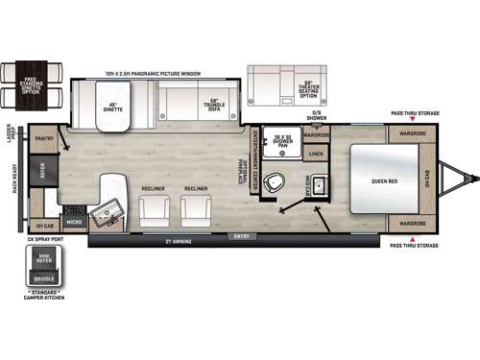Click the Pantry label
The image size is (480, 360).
(44, 138)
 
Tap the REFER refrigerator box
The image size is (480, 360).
(42, 172)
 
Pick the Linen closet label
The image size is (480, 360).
(316, 154)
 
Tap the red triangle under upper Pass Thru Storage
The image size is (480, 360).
(412, 120)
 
